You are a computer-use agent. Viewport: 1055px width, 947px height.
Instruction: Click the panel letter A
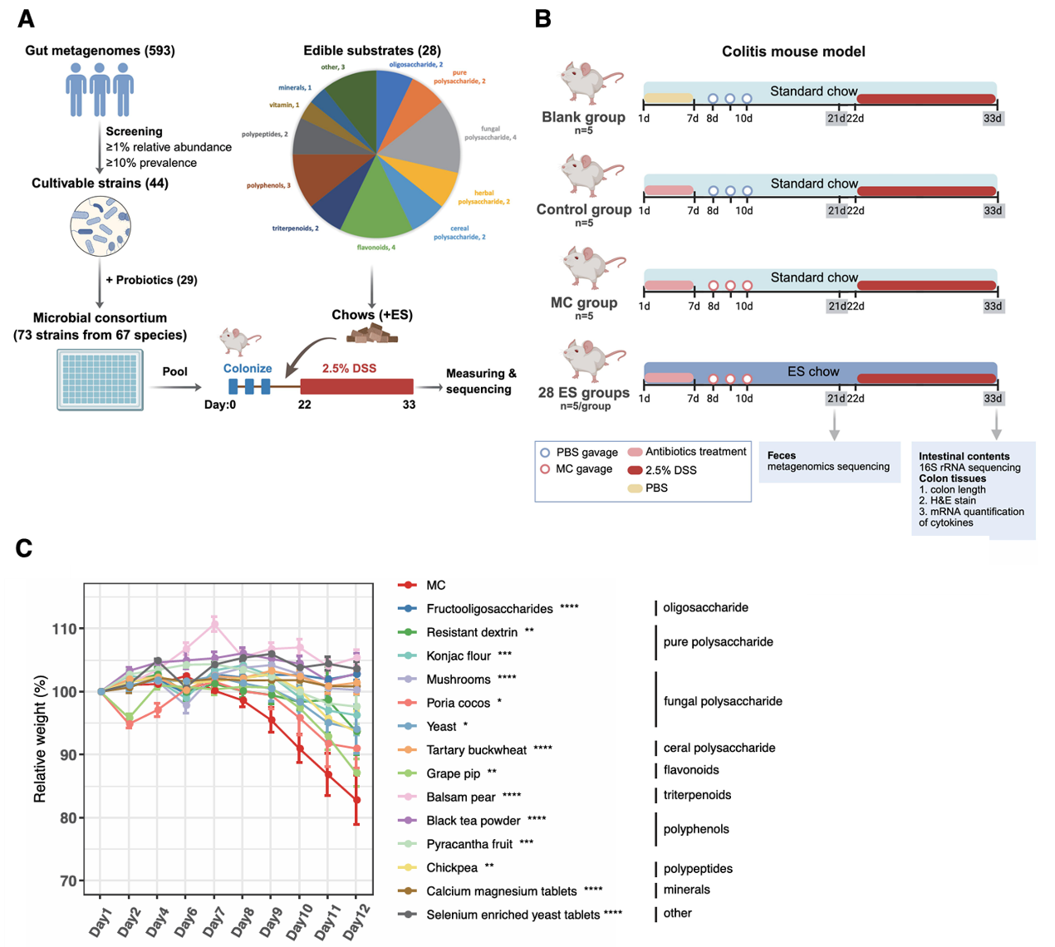tap(26, 18)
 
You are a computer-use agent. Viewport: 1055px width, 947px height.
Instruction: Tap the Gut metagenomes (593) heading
tap(100, 51)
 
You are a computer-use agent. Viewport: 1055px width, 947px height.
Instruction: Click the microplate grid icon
tap(100, 380)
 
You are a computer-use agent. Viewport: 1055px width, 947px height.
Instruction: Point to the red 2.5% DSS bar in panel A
tap(356, 386)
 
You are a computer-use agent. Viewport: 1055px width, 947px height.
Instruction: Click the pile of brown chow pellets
tap(372, 334)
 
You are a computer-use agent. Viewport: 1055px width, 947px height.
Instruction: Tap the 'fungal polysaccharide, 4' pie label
tap(490, 133)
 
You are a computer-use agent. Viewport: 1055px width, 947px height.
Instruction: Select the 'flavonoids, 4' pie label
tap(376, 248)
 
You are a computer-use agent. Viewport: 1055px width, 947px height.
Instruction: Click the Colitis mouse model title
tap(793, 52)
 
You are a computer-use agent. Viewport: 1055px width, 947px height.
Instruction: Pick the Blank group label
tap(583, 117)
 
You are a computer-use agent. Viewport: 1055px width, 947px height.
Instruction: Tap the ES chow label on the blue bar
tap(813, 371)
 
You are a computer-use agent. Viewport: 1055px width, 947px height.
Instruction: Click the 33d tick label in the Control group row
tap(993, 210)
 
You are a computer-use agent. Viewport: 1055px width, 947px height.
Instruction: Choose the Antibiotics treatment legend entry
tap(695, 452)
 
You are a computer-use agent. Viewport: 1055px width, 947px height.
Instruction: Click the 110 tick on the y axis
tap(65, 629)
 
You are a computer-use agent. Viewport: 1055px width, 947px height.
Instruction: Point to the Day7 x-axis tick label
tap(213, 920)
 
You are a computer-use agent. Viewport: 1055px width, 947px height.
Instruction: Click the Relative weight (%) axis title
tap(40, 738)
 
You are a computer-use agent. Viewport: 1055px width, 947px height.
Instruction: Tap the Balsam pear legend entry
tap(460, 797)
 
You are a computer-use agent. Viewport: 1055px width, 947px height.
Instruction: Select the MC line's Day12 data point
tap(356, 800)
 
